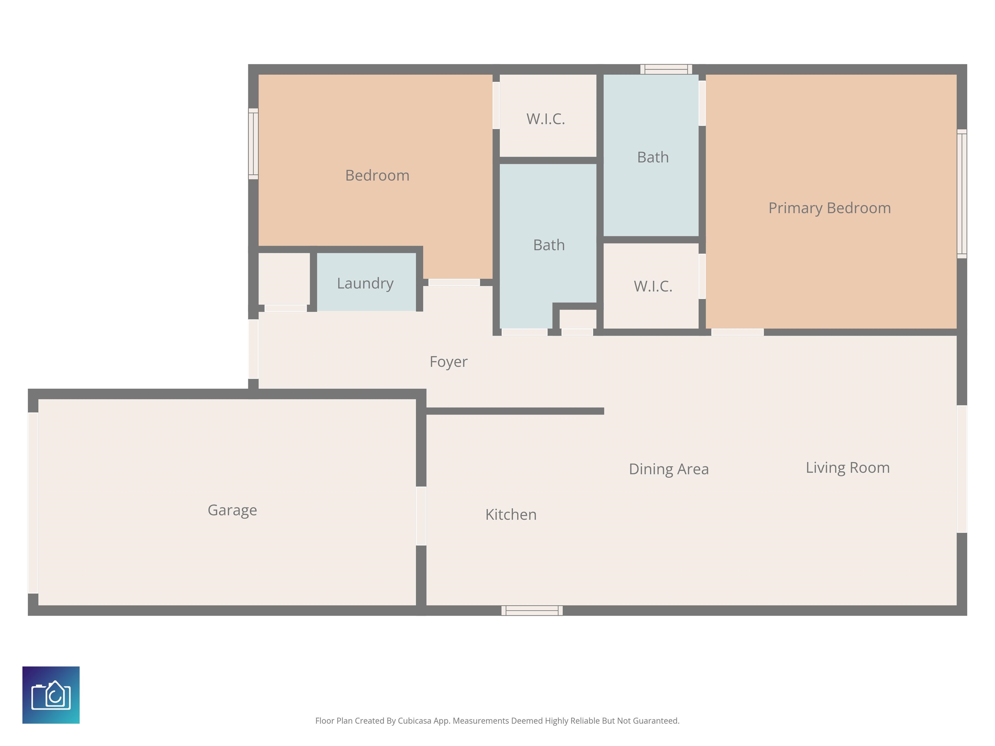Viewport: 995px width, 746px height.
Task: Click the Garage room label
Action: point(232,510)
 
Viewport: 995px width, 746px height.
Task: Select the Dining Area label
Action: point(669,469)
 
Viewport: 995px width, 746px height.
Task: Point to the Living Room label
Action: point(847,468)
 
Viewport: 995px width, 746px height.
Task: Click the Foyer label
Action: point(449,362)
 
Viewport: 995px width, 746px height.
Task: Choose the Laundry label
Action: point(365,283)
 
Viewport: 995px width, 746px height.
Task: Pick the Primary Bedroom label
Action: point(829,208)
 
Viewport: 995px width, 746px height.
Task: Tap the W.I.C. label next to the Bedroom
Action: point(546,119)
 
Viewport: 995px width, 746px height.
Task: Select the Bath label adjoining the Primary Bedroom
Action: point(653,157)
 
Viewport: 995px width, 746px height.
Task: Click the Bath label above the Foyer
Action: point(549,245)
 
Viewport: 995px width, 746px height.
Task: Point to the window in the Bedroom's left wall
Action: point(253,144)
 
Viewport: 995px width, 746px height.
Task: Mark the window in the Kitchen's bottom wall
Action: point(532,610)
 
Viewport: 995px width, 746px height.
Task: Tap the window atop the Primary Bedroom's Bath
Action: point(666,69)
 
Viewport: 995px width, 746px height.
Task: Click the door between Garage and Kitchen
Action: point(421,516)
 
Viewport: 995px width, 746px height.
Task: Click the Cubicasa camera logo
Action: point(51,695)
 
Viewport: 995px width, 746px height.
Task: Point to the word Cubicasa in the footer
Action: point(414,721)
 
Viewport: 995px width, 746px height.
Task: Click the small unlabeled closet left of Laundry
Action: point(284,279)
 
